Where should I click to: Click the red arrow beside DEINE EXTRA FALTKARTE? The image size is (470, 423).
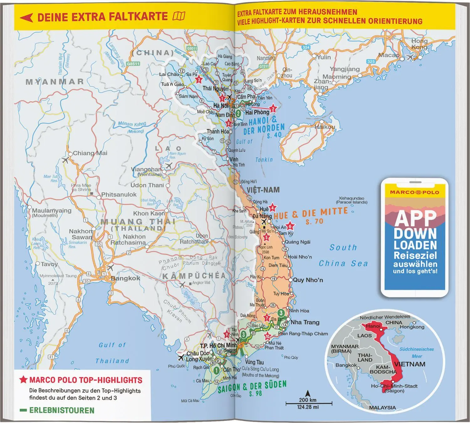[26, 17]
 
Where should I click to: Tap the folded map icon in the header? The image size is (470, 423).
[179, 16]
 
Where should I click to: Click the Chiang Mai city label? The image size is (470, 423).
[90, 153]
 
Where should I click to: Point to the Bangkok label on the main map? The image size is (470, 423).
[125, 278]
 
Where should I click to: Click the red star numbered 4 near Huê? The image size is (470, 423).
[273, 207]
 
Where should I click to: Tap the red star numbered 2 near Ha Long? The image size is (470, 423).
[273, 109]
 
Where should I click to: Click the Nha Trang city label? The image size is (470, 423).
[305, 322]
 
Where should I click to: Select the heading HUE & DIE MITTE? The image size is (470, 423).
[311, 213]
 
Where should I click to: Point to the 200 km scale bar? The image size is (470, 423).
[309, 403]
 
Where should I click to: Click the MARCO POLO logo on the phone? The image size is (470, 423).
[415, 192]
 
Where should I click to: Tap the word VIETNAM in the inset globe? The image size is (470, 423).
[410, 364]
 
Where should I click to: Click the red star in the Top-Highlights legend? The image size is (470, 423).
[23, 380]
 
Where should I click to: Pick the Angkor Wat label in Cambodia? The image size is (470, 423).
[201, 283]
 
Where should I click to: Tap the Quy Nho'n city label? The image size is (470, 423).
[308, 280]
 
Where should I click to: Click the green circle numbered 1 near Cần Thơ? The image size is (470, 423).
[216, 371]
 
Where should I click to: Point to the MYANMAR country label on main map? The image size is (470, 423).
[55, 82]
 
